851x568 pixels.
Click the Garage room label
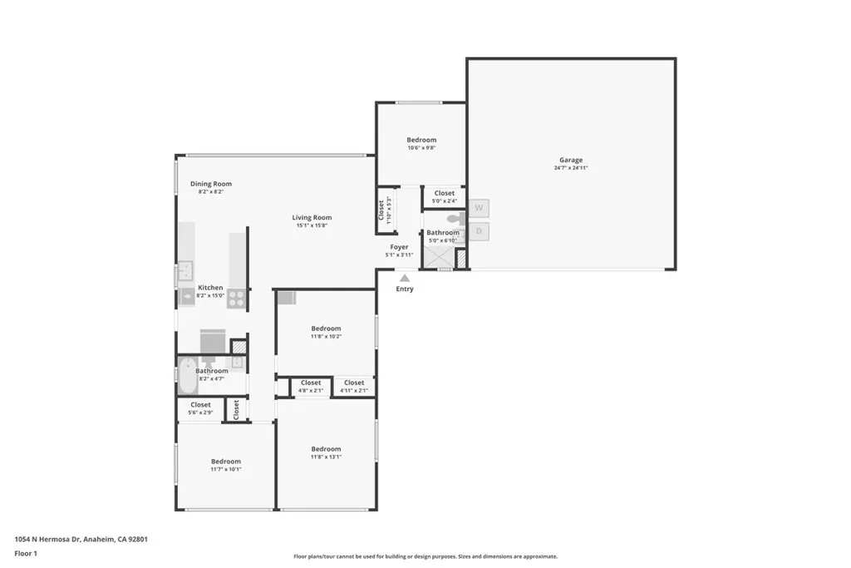(571, 160)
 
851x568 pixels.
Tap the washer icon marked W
(479, 208)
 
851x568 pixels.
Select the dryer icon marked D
(479, 231)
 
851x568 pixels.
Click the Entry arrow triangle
(405, 279)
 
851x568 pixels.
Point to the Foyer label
(400, 247)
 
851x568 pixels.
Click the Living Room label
(312, 218)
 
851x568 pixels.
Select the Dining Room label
(211, 184)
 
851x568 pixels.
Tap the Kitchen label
(210, 288)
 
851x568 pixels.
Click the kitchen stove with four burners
(237, 299)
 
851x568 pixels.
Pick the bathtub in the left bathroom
(188, 376)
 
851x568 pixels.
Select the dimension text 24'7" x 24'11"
(571, 168)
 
